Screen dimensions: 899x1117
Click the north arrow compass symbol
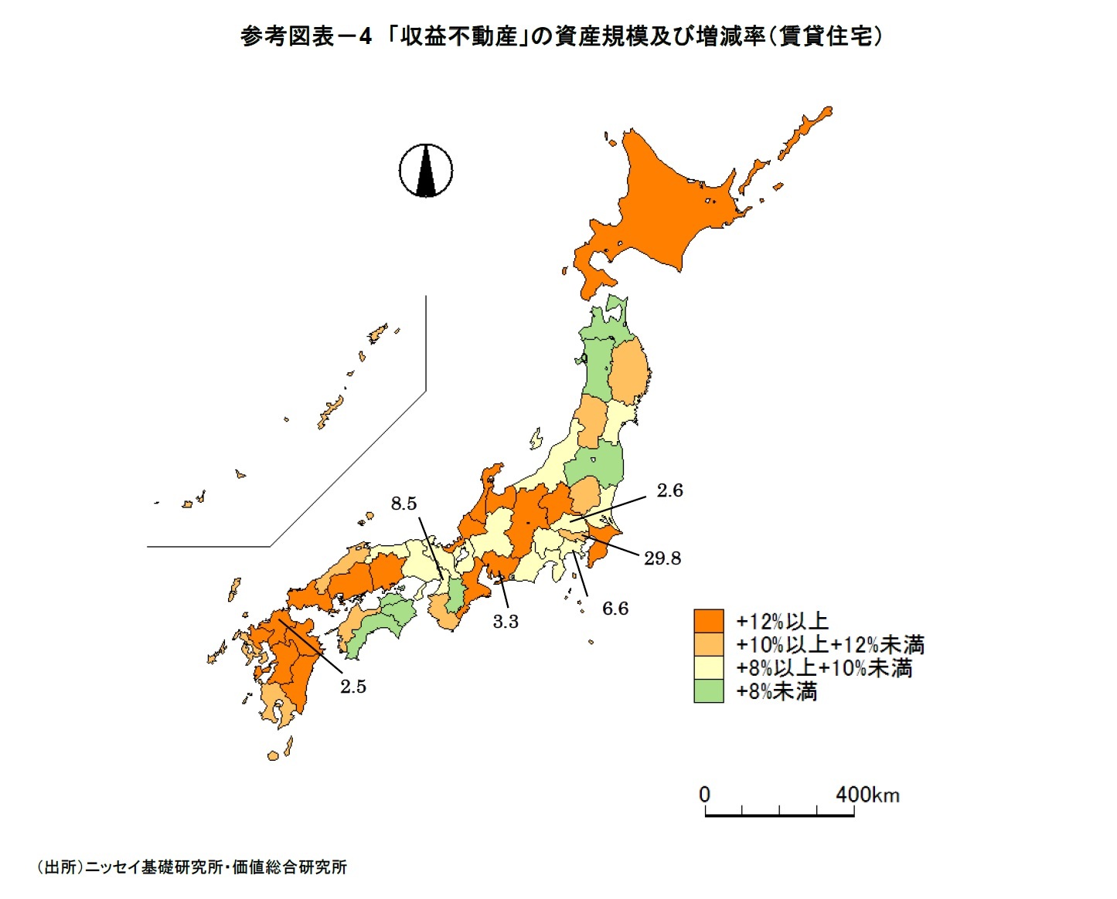click(426, 170)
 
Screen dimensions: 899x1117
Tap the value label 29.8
click(662, 558)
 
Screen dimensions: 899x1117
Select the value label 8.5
click(404, 504)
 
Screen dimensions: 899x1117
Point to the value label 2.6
click(669, 490)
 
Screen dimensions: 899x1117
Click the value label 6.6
click(615, 609)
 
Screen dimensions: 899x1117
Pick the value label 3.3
click(506, 622)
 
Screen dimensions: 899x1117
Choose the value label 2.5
click(353, 687)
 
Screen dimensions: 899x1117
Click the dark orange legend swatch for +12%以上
click(708, 621)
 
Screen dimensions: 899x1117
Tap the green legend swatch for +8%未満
click(708, 691)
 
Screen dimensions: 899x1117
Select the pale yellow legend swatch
click(708, 668)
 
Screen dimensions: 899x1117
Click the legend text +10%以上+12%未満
click(829, 645)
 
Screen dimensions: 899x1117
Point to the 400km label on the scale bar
click(867, 795)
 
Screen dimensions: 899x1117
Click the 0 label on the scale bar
click(704, 795)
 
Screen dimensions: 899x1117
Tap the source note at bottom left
click(192, 867)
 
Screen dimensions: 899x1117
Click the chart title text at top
click(561, 36)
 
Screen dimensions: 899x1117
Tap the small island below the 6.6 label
click(591, 641)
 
